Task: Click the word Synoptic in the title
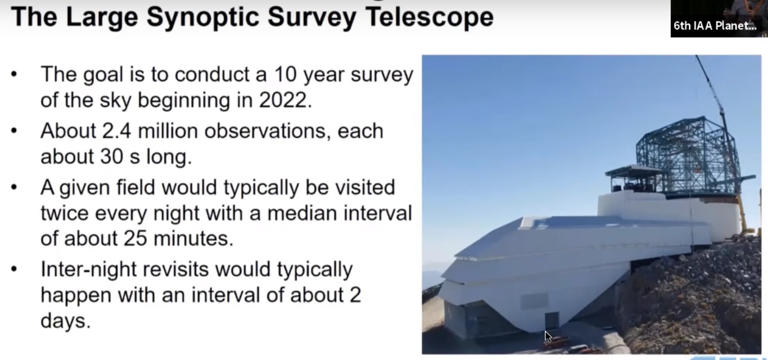pos(202,17)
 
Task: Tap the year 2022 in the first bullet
pos(285,100)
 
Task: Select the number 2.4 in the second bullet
pos(116,130)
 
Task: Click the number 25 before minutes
pos(135,238)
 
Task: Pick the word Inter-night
pos(88,269)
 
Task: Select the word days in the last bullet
pos(65,321)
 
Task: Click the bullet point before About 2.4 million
pos(13,130)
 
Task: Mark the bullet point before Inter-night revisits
pos(13,269)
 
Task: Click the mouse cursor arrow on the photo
pos(548,336)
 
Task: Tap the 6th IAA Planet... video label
pos(715,26)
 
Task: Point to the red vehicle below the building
pos(556,342)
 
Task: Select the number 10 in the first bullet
pos(285,74)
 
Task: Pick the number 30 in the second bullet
pos(112,156)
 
